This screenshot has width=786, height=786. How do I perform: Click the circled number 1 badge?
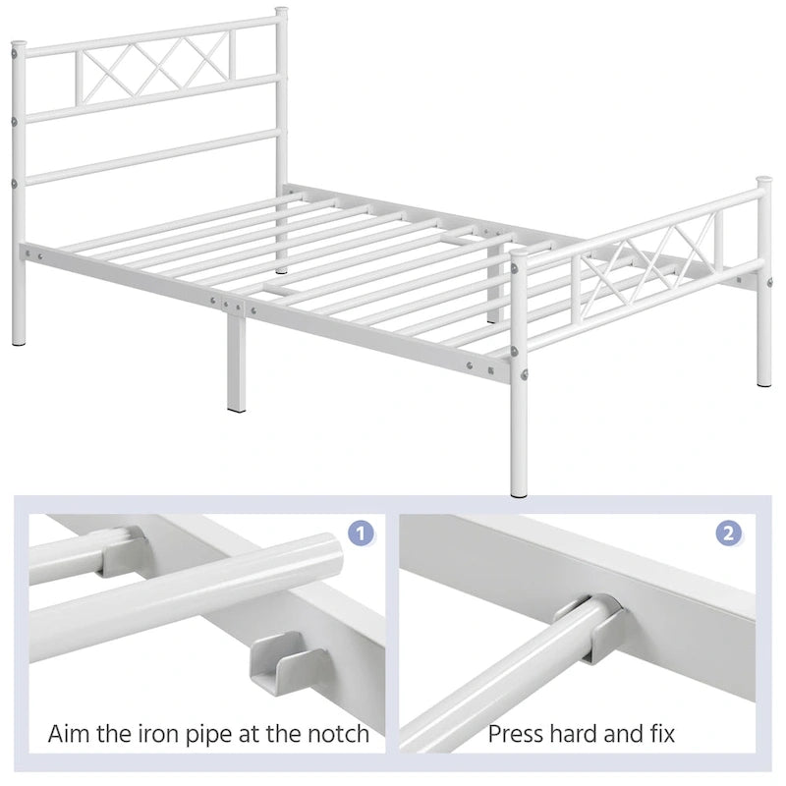[x=362, y=533]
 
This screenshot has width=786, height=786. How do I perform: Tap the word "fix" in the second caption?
[x=660, y=733]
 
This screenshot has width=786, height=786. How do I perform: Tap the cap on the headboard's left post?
[x=19, y=45]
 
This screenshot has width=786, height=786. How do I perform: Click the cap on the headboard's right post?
[x=281, y=13]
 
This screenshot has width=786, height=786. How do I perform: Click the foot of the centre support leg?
[x=236, y=404]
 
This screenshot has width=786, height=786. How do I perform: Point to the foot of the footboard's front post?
[x=519, y=488]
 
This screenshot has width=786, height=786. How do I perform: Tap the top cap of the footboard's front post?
[x=519, y=254]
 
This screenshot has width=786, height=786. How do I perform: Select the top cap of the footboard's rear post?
[x=763, y=182]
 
